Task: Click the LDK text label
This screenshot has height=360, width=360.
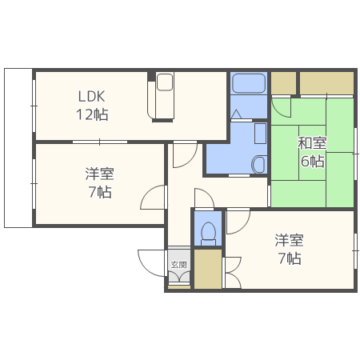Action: (91, 96)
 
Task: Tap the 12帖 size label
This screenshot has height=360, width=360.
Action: (92, 114)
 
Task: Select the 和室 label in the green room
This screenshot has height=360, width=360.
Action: (312, 143)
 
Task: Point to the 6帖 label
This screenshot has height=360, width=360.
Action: (313, 161)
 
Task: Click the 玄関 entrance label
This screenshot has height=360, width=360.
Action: (178, 265)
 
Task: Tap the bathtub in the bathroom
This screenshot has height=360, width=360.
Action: (249, 83)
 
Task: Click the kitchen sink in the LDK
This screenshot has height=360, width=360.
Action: (165, 82)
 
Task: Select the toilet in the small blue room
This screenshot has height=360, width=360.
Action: (208, 234)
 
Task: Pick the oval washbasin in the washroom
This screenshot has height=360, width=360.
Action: (258, 164)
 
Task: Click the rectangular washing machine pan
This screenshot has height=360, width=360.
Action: (260, 134)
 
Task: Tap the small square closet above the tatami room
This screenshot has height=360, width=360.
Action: (283, 83)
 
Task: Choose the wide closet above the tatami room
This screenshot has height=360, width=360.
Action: (326, 83)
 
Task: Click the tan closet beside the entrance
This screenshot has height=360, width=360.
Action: (208, 269)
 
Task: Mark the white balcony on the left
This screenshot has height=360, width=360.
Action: (18, 148)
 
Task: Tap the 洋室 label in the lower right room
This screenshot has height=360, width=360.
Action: (289, 240)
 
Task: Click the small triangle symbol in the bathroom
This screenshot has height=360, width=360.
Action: (236, 114)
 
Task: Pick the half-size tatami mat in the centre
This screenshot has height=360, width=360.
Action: (312, 153)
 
